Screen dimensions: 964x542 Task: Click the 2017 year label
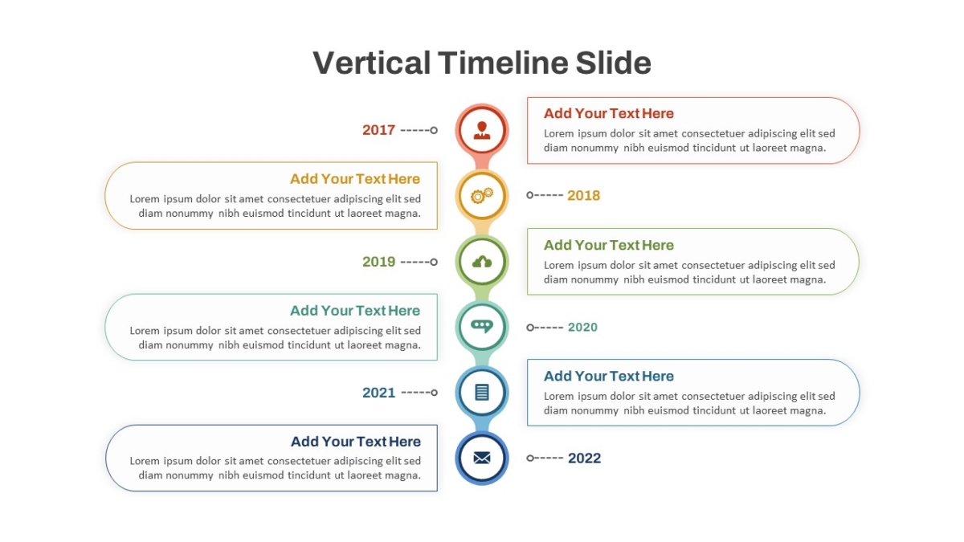pyautogui.click(x=378, y=130)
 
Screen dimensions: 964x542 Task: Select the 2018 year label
pyautogui.click(x=583, y=195)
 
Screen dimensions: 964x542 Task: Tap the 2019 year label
pyautogui.click(x=378, y=262)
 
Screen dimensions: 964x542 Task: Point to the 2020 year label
pyautogui.click(x=582, y=328)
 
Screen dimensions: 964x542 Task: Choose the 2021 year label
pyautogui.click(x=378, y=393)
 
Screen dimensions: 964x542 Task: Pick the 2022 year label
pyautogui.click(x=584, y=458)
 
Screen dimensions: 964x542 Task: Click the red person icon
pyautogui.click(x=481, y=130)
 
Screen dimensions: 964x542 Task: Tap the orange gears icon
pyautogui.click(x=481, y=196)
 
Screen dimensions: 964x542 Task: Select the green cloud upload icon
pyautogui.click(x=481, y=262)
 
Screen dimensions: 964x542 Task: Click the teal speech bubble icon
pyautogui.click(x=481, y=327)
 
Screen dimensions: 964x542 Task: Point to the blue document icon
pyautogui.click(x=481, y=393)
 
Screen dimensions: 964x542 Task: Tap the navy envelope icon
pyautogui.click(x=481, y=458)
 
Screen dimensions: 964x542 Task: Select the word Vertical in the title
pyautogui.click(x=371, y=63)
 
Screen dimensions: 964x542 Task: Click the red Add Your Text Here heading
pyautogui.click(x=609, y=113)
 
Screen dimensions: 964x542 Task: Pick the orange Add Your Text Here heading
pyautogui.click(x=354, y=179)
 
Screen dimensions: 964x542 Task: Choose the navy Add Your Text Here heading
pyautogui.click(x=355, y=442)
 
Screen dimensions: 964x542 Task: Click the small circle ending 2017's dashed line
pyautogui.click(x=434, y=130)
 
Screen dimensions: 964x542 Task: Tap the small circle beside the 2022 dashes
pyautogui.click(x=530, y=458)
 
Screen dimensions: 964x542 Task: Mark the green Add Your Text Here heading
pyautogui.click(x=609, y=245)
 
